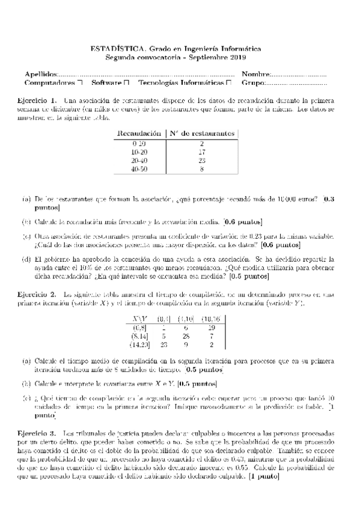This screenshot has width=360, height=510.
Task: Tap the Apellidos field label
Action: click(x=39, y=73)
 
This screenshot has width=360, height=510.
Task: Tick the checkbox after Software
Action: click(x=126, y=82)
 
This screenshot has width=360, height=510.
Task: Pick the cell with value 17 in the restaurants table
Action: click(x=201, y=153)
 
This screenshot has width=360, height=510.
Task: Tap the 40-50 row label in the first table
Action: click(x=139, y=170)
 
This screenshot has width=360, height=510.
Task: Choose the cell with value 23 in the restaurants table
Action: click(x=201, y=161)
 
